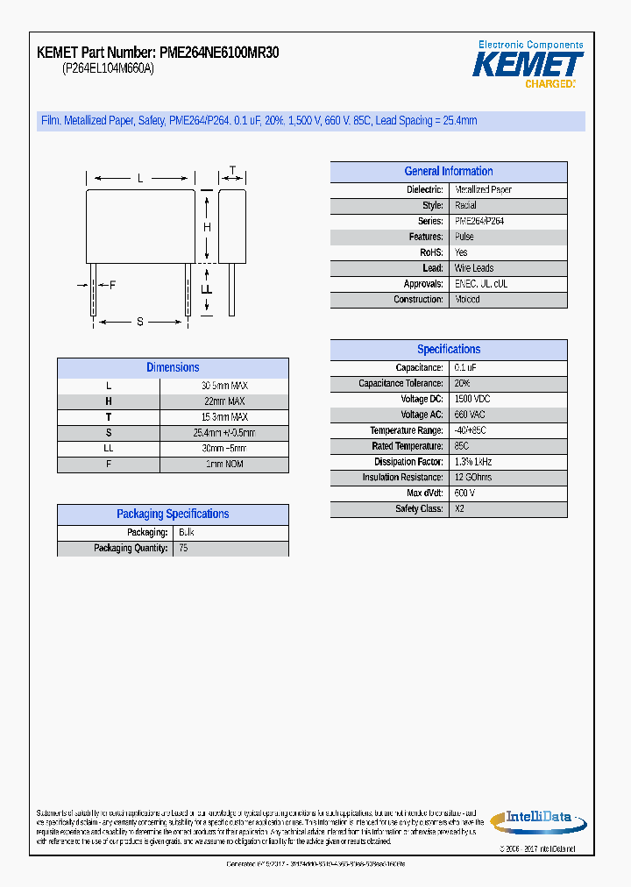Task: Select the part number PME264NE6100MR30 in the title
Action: click(220, 53)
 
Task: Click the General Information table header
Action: click(449, 172)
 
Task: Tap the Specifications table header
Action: click(449, 349)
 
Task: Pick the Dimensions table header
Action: click(173, 368)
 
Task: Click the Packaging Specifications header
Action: click(173, 514)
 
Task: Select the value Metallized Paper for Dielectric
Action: click(483, 189)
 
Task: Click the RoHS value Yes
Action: click(461, 252)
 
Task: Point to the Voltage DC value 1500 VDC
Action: click(473, 399)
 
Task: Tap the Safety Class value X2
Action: click(459, 509)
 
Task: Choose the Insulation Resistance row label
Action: click(402, 478)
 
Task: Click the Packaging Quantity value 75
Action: click(183, 548)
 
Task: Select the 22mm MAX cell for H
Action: click(224, 401)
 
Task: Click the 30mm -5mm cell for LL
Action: click(224, 448)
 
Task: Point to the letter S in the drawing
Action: click(139, 322)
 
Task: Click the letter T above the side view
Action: click(232, 170)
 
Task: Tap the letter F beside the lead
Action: click(112, 285)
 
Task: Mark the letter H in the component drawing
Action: click(207, 228)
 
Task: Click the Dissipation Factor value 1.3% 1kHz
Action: click(473, 462)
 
